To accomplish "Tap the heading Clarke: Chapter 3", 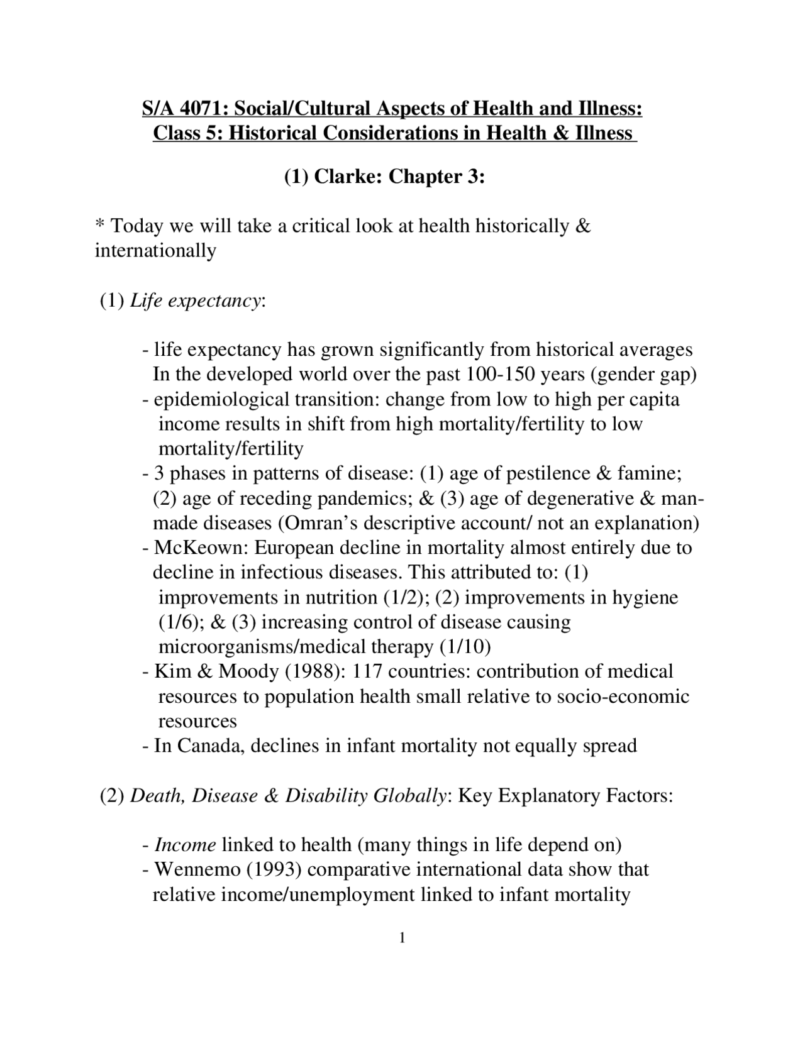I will point(399,177).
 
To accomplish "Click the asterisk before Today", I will point(99,224).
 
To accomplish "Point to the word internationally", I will point(155,251).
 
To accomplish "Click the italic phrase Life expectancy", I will point(195,300).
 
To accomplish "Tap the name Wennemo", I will point(197,870).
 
